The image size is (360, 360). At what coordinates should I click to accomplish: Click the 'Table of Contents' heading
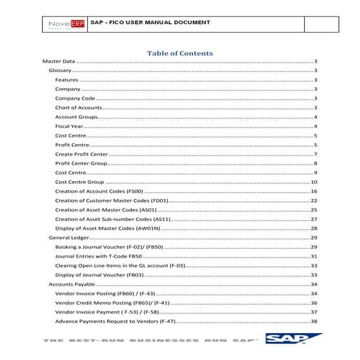(x=180, y=53)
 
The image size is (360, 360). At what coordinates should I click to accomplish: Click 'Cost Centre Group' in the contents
(x=80, y=182)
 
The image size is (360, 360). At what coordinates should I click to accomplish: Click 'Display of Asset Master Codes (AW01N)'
(x=107, y=228)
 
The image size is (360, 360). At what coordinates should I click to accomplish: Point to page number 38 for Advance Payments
(x=313, y=321)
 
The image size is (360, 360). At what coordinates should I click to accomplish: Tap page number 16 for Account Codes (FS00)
(x=313, y=191)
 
